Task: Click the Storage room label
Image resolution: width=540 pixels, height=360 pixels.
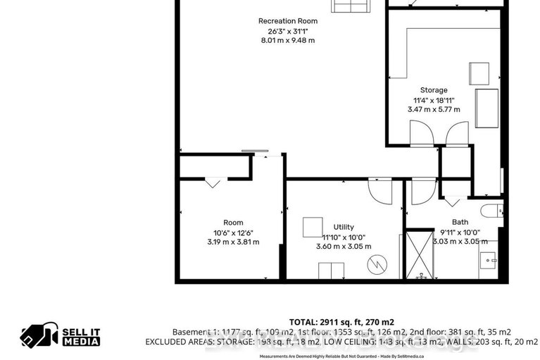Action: (x=434, y=90)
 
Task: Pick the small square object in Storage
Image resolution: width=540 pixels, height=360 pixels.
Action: (x=479, y=73)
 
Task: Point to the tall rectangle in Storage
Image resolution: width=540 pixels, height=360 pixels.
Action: (x=487, y=108)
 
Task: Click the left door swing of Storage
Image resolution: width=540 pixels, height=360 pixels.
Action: (x=419, y=132)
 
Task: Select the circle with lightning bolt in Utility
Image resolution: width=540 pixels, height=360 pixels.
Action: (x=377, y=266)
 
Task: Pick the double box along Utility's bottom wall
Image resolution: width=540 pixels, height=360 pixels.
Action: (x=331, y=271)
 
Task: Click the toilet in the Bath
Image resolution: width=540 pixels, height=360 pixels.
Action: (x=491, y=210)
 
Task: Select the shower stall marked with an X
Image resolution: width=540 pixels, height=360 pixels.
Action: (x=420, y=254)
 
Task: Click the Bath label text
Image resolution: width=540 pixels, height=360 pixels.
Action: (x=460, y=221)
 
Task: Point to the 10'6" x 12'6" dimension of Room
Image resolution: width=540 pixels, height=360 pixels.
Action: (x=233, y=232)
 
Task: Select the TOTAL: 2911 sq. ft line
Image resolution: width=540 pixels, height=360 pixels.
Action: (x=341, y=321)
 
